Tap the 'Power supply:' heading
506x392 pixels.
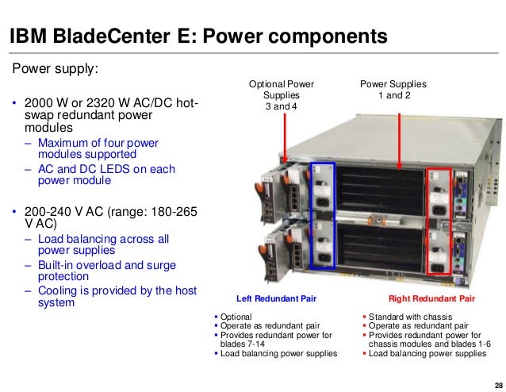click(55, 68)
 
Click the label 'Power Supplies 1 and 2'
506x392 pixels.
click(393, 89)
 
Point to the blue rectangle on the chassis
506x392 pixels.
click(323, 217)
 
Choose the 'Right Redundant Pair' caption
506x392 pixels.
click(431, 299)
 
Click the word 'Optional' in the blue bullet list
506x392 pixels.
click(235, 317)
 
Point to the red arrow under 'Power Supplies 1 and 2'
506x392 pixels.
click(394, 136)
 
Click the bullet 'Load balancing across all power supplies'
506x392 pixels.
click(103, 244)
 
